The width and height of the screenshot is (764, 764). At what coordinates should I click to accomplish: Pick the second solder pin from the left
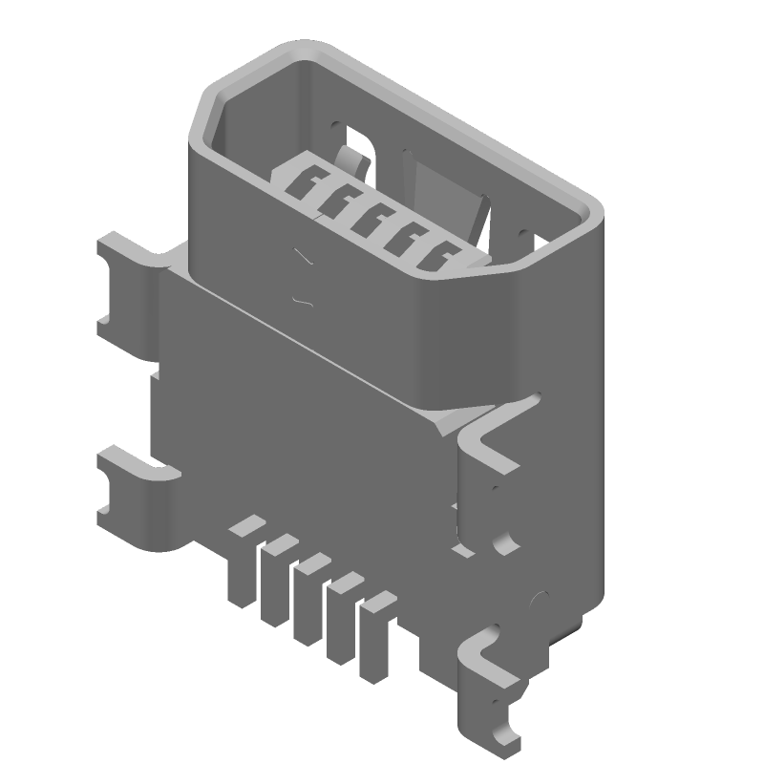pyautogui.click(x=275, y=583)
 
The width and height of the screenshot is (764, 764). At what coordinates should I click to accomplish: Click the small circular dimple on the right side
pyautogui.click(x=537, y=600)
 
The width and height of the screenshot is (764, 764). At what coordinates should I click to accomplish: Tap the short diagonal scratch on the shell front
pyautogui.click(x=304, y=258)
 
